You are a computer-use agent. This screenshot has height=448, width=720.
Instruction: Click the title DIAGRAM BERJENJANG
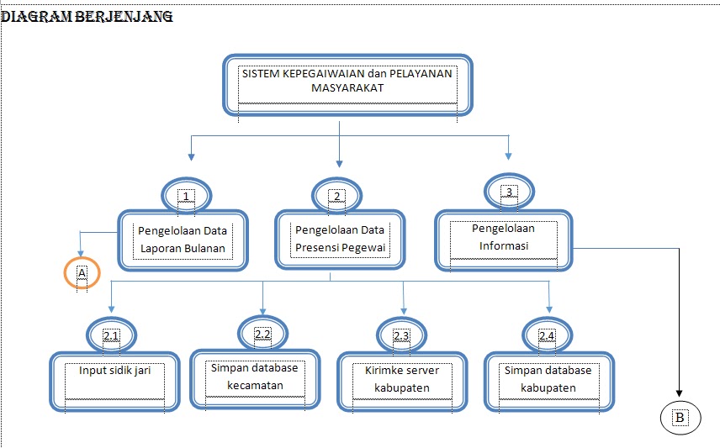tap(87, 17)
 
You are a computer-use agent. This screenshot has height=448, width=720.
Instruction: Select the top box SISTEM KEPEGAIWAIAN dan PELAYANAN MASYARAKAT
tap(347, 85)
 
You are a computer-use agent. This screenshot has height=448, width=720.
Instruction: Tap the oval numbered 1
tap(187, 196)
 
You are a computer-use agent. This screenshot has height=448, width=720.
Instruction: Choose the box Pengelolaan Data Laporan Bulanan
tap(183, 240)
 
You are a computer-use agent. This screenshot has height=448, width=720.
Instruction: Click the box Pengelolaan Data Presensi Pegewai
tap(339, 240)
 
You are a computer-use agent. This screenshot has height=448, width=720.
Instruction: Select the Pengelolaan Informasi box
tap(503, 240)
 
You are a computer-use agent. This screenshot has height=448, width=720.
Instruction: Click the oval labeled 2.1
tap(112, 336)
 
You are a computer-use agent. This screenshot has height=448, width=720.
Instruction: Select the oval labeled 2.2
tap(262, 335)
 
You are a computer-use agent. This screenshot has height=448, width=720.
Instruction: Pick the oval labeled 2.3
tap(401, 336)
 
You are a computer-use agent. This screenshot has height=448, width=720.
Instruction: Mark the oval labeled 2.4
tap(547, 336)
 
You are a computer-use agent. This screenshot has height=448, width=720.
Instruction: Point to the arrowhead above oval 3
tap(508, 155)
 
